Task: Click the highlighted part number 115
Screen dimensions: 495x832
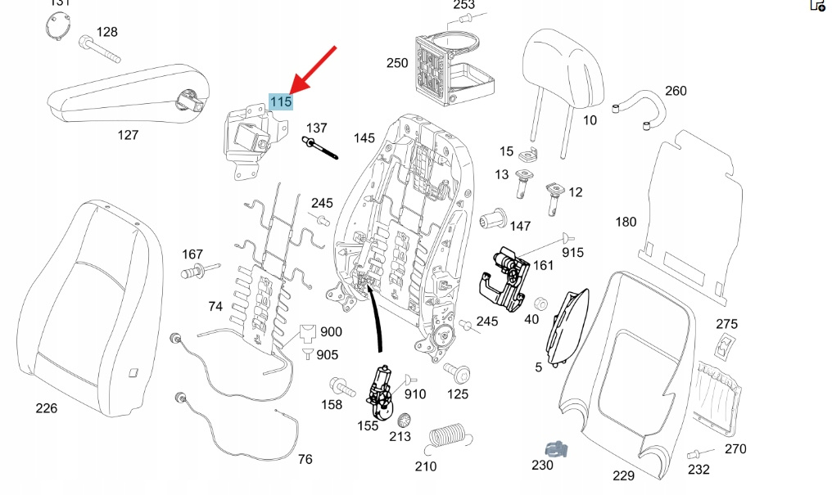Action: (x=281, y=102)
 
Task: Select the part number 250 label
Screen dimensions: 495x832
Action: (x=397, y=63)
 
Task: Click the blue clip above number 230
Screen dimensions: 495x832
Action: (x=557, y=448)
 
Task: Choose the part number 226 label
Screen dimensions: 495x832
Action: (x=47, y=407)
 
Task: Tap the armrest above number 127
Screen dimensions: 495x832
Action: (x=127, y=99)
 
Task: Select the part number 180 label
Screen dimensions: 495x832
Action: (x=626, y=222)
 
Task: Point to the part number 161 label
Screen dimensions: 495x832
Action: (x=543, y=265)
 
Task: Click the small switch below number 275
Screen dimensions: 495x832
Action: (x=725, y=347)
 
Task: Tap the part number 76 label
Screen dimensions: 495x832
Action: (x=305, y=459)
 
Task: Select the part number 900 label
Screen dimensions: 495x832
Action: (x=331, y=332)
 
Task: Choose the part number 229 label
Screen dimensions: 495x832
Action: (x=623, y=475)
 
